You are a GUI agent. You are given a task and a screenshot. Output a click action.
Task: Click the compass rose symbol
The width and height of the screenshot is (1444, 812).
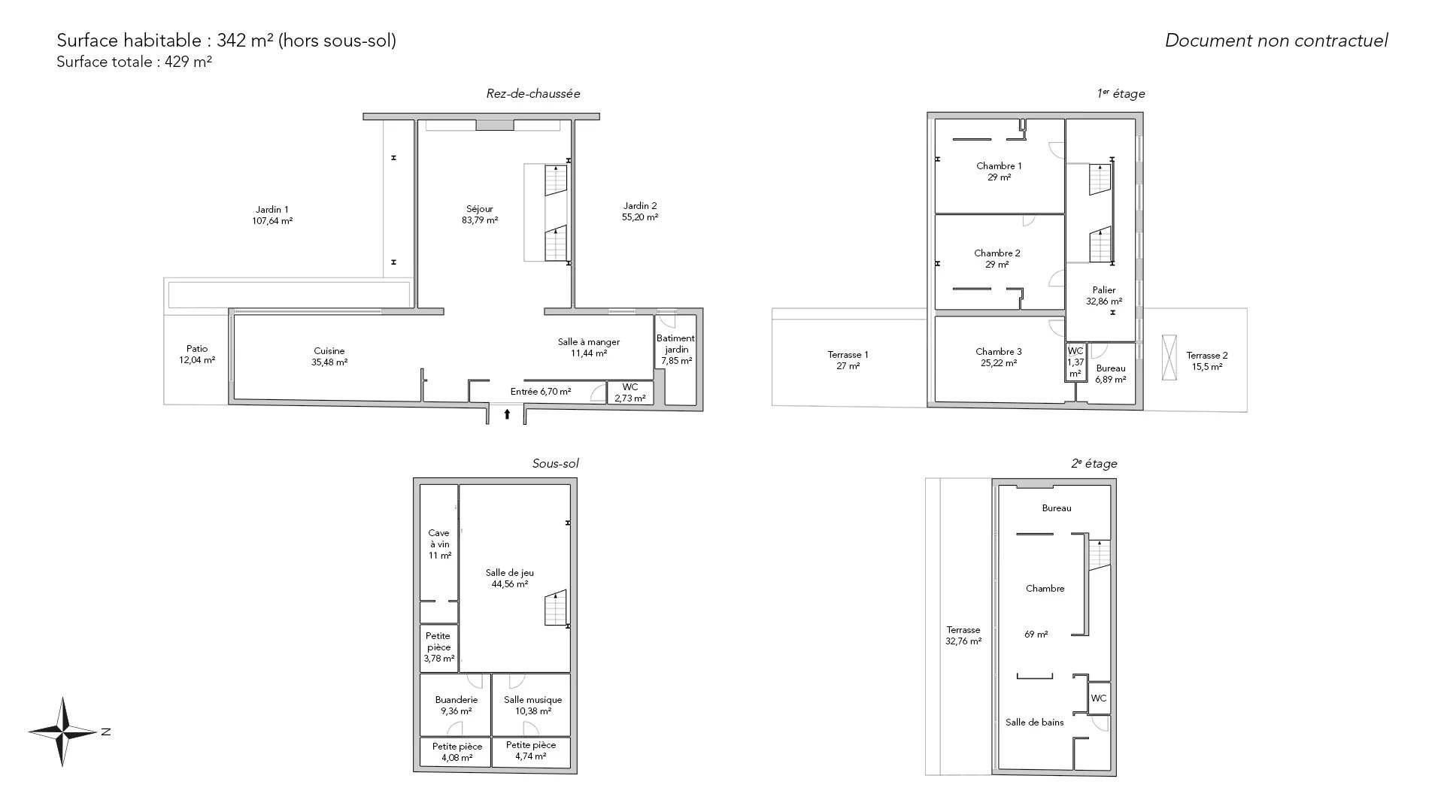63,732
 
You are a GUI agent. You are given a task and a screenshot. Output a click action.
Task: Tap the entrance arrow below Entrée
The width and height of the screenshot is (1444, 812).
507,414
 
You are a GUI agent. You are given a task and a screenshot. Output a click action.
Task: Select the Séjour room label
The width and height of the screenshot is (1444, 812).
480,209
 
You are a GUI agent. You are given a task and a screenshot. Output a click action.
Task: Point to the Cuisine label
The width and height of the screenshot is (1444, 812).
329,350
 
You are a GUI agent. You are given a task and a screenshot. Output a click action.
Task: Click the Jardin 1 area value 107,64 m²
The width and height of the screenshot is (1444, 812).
272,221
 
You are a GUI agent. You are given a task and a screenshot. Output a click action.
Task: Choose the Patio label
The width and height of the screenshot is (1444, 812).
197,349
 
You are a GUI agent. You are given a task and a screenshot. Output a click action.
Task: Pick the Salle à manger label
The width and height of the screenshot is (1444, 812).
589,342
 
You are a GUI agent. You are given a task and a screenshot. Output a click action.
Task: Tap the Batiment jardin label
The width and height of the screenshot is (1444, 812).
676,344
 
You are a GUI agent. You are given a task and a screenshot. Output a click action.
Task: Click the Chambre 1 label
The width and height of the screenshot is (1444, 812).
999,166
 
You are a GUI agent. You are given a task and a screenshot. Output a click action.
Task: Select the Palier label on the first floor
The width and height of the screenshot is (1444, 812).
1104,290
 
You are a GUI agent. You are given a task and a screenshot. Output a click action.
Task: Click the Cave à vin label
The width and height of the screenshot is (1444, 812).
439,538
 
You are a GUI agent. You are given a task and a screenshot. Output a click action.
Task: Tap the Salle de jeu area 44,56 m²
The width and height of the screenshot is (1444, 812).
509,584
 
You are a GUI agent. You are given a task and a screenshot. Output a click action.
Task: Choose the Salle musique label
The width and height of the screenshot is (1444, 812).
533,700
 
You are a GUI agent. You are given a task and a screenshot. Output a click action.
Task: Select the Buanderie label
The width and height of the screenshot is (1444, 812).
457,700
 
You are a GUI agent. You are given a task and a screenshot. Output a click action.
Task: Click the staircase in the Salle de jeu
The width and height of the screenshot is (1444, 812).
556,607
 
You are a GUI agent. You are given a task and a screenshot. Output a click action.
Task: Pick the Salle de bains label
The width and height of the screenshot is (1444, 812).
1035,723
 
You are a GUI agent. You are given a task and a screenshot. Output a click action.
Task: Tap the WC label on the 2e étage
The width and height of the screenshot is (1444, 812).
1099,698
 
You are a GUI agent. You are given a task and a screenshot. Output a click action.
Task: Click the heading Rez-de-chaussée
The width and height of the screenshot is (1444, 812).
533,94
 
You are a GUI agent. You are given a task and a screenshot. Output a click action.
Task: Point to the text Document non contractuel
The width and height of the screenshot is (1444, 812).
1276,41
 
